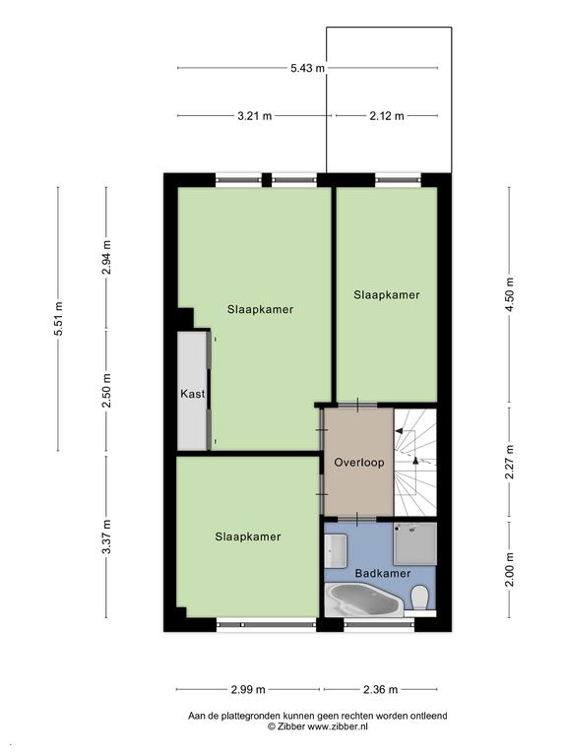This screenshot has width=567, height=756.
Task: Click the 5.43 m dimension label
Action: [307, 68]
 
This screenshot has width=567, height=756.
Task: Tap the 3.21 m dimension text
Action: [255, 116]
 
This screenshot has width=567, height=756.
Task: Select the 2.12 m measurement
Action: [387, 116]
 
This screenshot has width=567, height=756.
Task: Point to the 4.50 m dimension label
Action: [510, 294]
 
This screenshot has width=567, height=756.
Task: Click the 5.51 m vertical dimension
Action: [58, 319]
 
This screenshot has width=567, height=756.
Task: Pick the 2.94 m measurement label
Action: [106, 258]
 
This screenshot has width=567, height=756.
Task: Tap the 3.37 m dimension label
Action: [106, 536]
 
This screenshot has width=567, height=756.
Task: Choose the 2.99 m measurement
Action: [248, 689]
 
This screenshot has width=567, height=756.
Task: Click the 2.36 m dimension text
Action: [380, 689]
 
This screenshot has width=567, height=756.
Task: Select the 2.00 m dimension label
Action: [510, 569]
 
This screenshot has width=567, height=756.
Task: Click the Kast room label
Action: [192, 394]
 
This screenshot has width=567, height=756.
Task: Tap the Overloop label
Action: [359, 463]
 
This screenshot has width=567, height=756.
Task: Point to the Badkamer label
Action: [382, 573]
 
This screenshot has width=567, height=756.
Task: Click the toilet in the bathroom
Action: [420, 598]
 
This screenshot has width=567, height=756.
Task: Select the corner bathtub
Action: [364, 600]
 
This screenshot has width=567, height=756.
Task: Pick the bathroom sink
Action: [336, 550]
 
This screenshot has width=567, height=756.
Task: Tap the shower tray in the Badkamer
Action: [415, 543]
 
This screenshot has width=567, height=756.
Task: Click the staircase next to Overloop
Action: [415, 463]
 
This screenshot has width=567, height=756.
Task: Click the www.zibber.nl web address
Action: [338, 725]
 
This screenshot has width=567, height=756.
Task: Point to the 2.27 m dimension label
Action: [510, 462]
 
